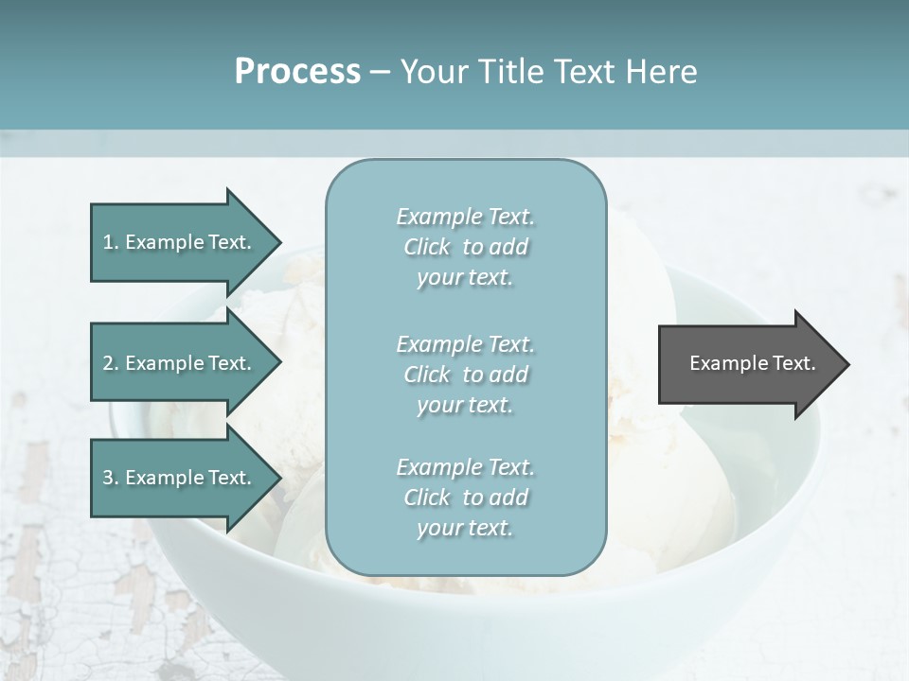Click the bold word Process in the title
(297, 72)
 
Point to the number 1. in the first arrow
(111, 242)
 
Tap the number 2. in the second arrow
(111, 363)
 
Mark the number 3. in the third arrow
(111, 478)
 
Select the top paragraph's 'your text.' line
(465, 278)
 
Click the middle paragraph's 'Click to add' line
(465, 375)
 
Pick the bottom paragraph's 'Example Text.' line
(465, 467)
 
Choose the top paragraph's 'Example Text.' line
(465, 217)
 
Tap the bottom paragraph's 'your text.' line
(465, 528)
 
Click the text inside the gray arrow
(752, 363)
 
